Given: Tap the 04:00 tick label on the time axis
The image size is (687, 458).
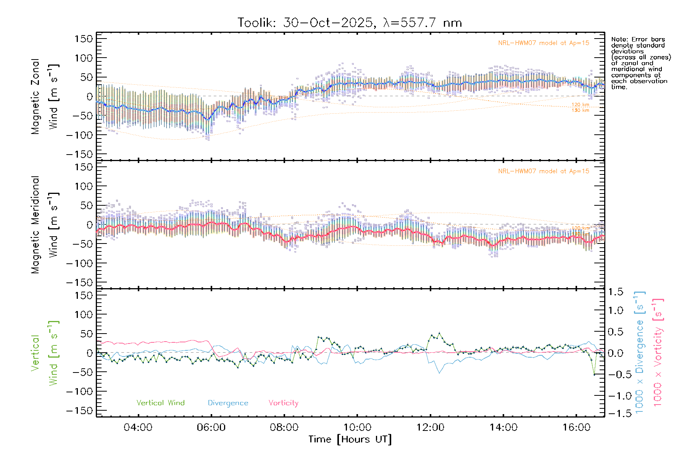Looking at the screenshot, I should (x=138, y=427).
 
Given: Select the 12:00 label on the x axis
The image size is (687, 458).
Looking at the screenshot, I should (x=430, y=427).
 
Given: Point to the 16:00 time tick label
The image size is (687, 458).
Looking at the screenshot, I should (x=576, y=427).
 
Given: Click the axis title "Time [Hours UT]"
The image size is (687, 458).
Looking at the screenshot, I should (x=350, y=439).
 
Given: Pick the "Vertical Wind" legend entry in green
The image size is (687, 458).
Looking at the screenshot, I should (x=160, y=403).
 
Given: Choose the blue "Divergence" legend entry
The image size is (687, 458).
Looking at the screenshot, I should (x=228, y=403).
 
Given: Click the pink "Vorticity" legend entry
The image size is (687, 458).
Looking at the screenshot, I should (x=283, y=403).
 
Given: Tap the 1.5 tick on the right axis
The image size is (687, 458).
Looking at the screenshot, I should (x=616, y=292).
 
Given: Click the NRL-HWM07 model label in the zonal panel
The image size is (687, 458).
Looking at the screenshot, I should (x=543, y=43).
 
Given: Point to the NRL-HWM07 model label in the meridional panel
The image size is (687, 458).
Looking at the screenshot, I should (x=543, y=171).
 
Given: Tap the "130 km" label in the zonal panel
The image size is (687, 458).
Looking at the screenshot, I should (x=580, y=111).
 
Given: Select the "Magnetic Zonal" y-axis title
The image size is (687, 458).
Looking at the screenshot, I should (x=35, y=97).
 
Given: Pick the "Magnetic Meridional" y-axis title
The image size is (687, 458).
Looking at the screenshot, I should (x=35, y=225).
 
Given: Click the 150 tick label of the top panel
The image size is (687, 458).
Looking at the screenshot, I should (x=84, y=39).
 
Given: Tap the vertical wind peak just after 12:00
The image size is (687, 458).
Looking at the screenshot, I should (x=439, y=333).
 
